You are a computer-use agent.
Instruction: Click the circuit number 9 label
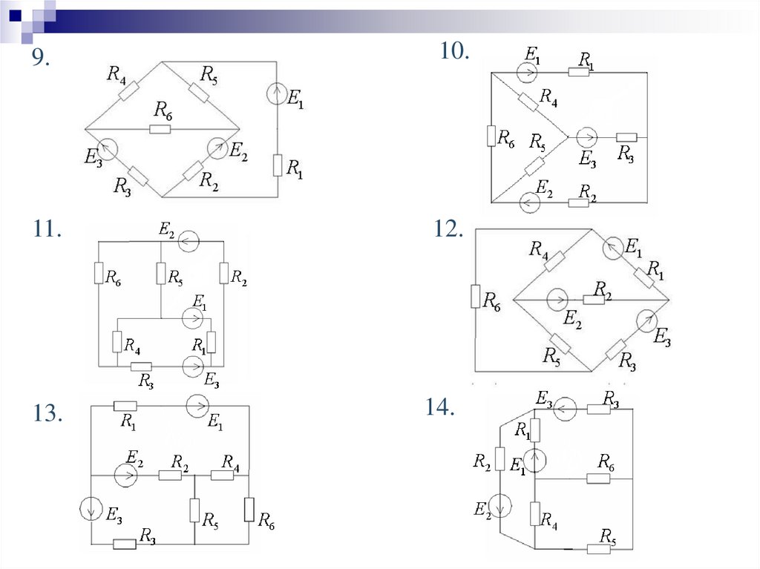coord(40,60)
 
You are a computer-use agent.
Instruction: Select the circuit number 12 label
coord(448,230)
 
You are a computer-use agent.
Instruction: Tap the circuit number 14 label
coord(439,407)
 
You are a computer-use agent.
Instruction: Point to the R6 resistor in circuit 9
coord(160,129)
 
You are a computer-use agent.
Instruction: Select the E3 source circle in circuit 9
coord(106,149)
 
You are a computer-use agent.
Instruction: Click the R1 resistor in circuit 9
coord(278,165)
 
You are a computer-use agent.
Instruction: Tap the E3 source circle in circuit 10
coord(586,137)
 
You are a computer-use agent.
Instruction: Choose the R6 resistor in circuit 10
coord(491,137)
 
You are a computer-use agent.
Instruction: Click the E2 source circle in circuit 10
coord(529,202)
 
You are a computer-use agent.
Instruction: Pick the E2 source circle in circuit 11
coord(189,241)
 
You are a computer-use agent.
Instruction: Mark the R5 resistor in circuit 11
coord(160,274)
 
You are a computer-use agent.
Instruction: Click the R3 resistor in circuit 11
coord(141,366)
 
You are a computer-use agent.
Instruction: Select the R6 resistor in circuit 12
coord(475,297)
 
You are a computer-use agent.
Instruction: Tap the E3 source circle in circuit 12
coord(646,320)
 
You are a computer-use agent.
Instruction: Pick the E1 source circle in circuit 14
coord(535,460)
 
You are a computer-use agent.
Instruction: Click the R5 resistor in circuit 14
coord(598,549)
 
